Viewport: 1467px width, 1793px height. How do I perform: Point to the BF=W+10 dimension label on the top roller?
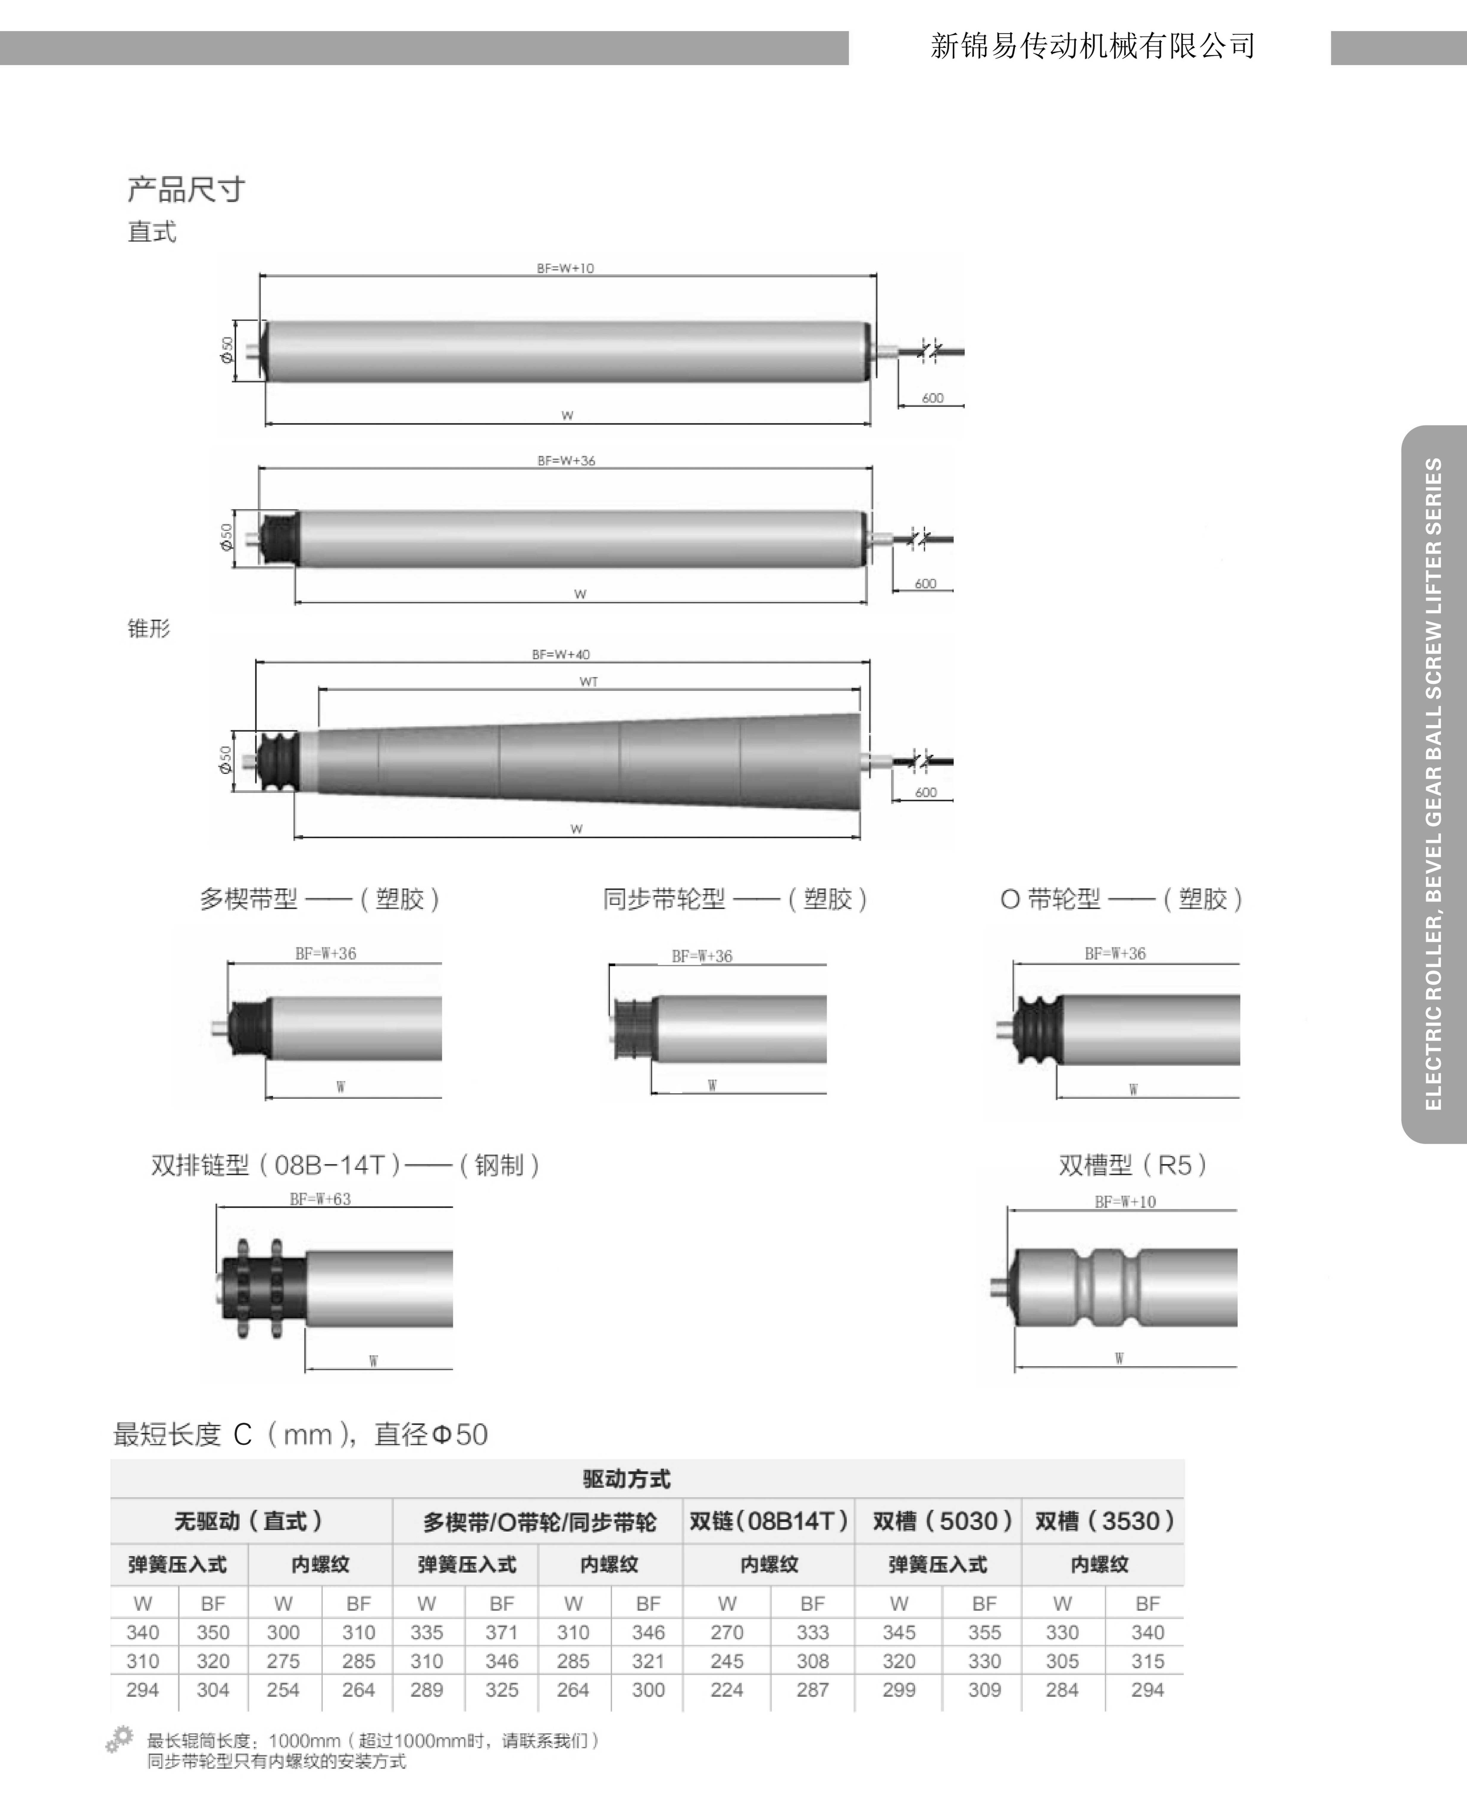click(x=565, y=268)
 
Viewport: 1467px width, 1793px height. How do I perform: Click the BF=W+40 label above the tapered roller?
click(x=561, y=654)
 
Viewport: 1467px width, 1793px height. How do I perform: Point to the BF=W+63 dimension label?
click(x=320, y=1199)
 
